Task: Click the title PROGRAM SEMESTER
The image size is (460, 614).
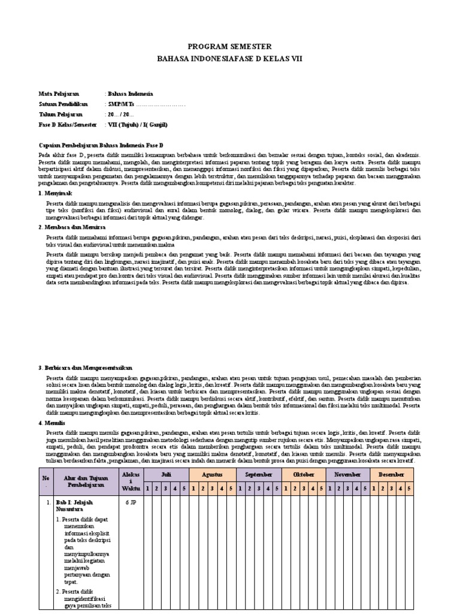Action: pos(229,46)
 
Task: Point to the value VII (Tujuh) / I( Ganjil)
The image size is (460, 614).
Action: pos(137,124)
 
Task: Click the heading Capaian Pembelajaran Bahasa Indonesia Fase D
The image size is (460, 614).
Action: pos(101,146)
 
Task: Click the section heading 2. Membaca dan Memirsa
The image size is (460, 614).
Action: pos(73,228)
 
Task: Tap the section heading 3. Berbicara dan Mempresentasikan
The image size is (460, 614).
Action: pos(85,368)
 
